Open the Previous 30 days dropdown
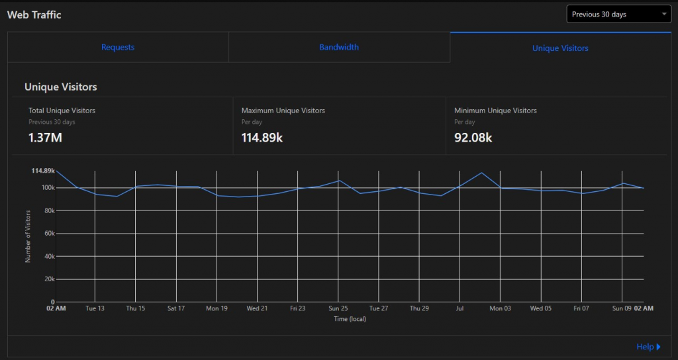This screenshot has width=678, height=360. [618, 14]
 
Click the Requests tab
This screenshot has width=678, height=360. [118, 48]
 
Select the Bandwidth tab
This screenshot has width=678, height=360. [339, 48]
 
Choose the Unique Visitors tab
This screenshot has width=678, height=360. [560, 48]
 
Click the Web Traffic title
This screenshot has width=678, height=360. [34, 15]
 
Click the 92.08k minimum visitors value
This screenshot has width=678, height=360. [473, 138]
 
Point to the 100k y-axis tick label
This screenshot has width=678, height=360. [46, 188]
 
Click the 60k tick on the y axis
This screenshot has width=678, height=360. [48, 234]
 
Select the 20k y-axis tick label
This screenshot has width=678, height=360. [48, 279]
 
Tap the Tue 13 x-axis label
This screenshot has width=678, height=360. [95, 308]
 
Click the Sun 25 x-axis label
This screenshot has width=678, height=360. [338, 308]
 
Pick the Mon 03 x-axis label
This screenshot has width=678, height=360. [500, 308]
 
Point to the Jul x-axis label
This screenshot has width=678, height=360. [460, 308]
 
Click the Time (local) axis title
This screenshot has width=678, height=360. [350, 319]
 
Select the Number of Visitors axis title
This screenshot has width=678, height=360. [28, 236]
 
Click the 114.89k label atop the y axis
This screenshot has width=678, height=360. [43, 171]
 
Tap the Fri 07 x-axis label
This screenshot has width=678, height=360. [581, 308]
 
